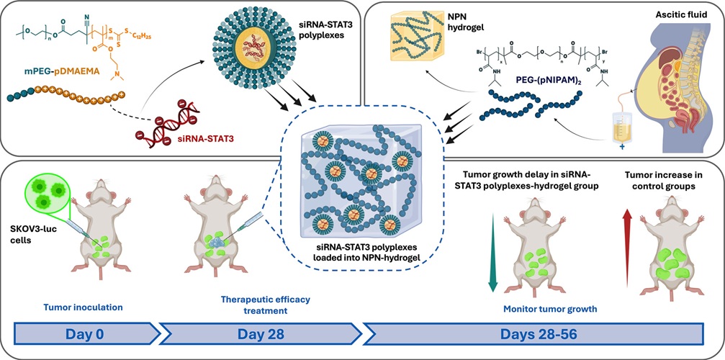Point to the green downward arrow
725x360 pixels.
click(492, 249)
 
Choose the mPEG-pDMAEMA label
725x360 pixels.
click(58, 73)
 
